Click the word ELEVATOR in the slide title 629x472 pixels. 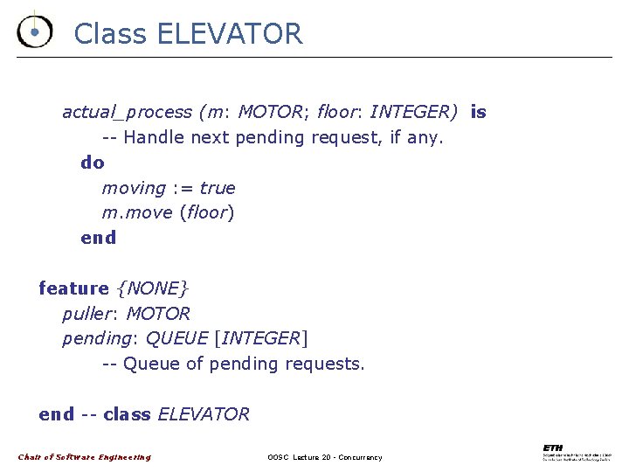tap(230, 34)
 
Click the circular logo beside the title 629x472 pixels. tap(33, 31)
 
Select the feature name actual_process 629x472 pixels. tap(127, 112)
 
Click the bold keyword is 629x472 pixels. tap(478, 112)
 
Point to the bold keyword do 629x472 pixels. tap(92, 163)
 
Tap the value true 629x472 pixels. tap(218, 188)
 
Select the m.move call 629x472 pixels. tap(137, 213)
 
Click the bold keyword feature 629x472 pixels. tap(73, 288)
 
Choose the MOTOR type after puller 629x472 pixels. tap(158, 314)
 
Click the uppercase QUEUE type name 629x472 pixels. tap(176, 338)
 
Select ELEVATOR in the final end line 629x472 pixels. tap(203, 414)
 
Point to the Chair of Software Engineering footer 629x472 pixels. tap(85, 457)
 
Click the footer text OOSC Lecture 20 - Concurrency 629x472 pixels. tap(325, 457)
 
